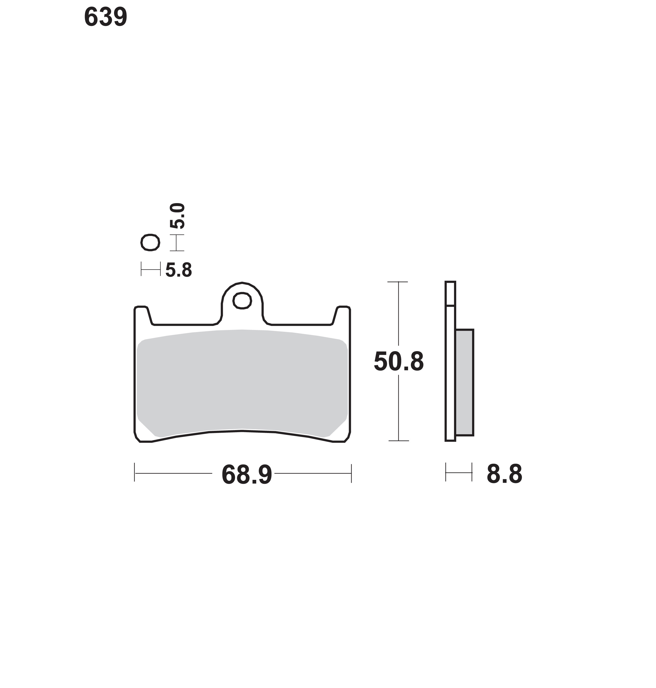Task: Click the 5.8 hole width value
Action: click(x=179, y=270)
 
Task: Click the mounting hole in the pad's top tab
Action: click(x=242, y=301)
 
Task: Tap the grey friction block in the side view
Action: click(x=464, y=382)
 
